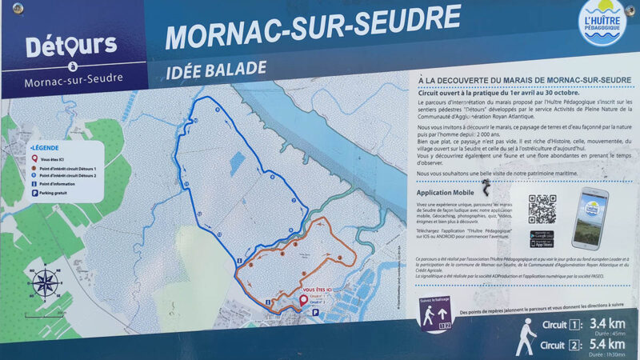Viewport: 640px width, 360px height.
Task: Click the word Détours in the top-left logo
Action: [71, 46]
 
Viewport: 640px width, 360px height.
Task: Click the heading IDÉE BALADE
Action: [215, 69]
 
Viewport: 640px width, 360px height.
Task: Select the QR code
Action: [542, 209]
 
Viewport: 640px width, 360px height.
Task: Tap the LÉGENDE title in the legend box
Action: [46, 149]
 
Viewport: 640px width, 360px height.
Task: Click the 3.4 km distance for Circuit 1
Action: [606, 324]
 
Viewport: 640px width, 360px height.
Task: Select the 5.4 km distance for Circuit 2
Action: [606, 345]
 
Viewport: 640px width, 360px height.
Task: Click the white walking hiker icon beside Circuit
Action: [525, 335]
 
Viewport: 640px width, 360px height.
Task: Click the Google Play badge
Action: [542, 234]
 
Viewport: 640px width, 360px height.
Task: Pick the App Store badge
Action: [542, 243]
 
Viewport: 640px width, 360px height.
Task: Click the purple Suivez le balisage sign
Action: [435, 314]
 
